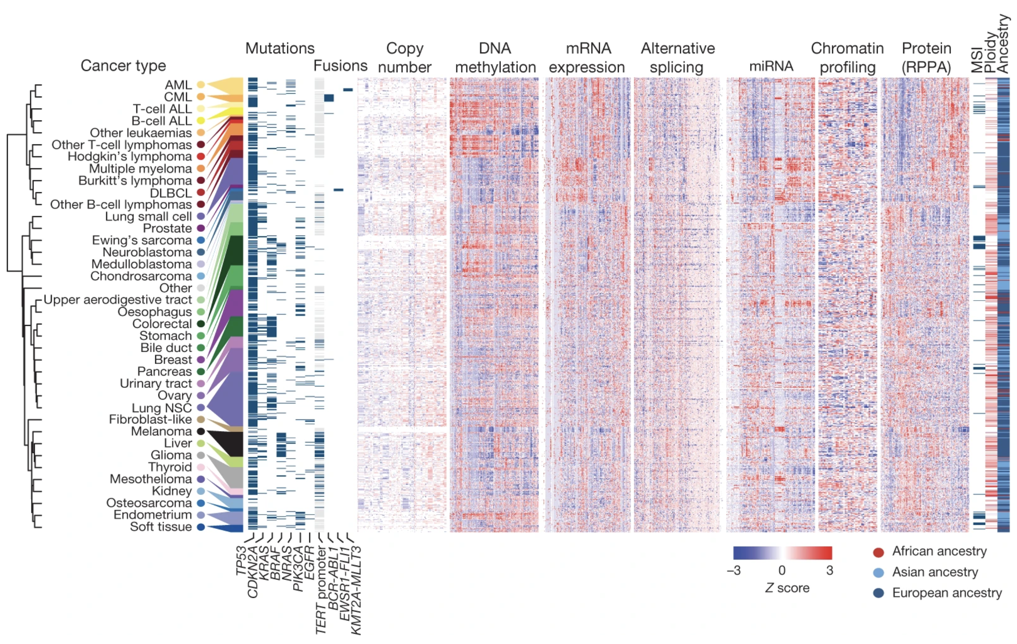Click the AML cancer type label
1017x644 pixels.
178,85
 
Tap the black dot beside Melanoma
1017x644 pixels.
201,432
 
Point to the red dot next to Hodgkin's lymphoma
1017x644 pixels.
201,157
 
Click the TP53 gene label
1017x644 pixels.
241,561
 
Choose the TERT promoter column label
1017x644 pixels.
321,590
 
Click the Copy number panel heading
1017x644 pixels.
404,58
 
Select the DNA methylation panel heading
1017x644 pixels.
495,58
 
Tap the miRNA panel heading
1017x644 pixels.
771,66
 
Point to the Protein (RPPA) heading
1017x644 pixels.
926,58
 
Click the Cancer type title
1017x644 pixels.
123,65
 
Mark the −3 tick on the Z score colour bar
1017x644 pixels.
734,571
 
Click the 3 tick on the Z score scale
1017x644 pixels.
830,571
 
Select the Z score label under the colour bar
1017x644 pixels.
787,588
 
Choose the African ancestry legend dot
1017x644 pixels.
879,552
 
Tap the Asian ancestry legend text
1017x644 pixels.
935,572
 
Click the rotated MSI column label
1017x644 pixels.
977,60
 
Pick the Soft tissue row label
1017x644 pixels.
161,527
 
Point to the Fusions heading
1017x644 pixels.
340,65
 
